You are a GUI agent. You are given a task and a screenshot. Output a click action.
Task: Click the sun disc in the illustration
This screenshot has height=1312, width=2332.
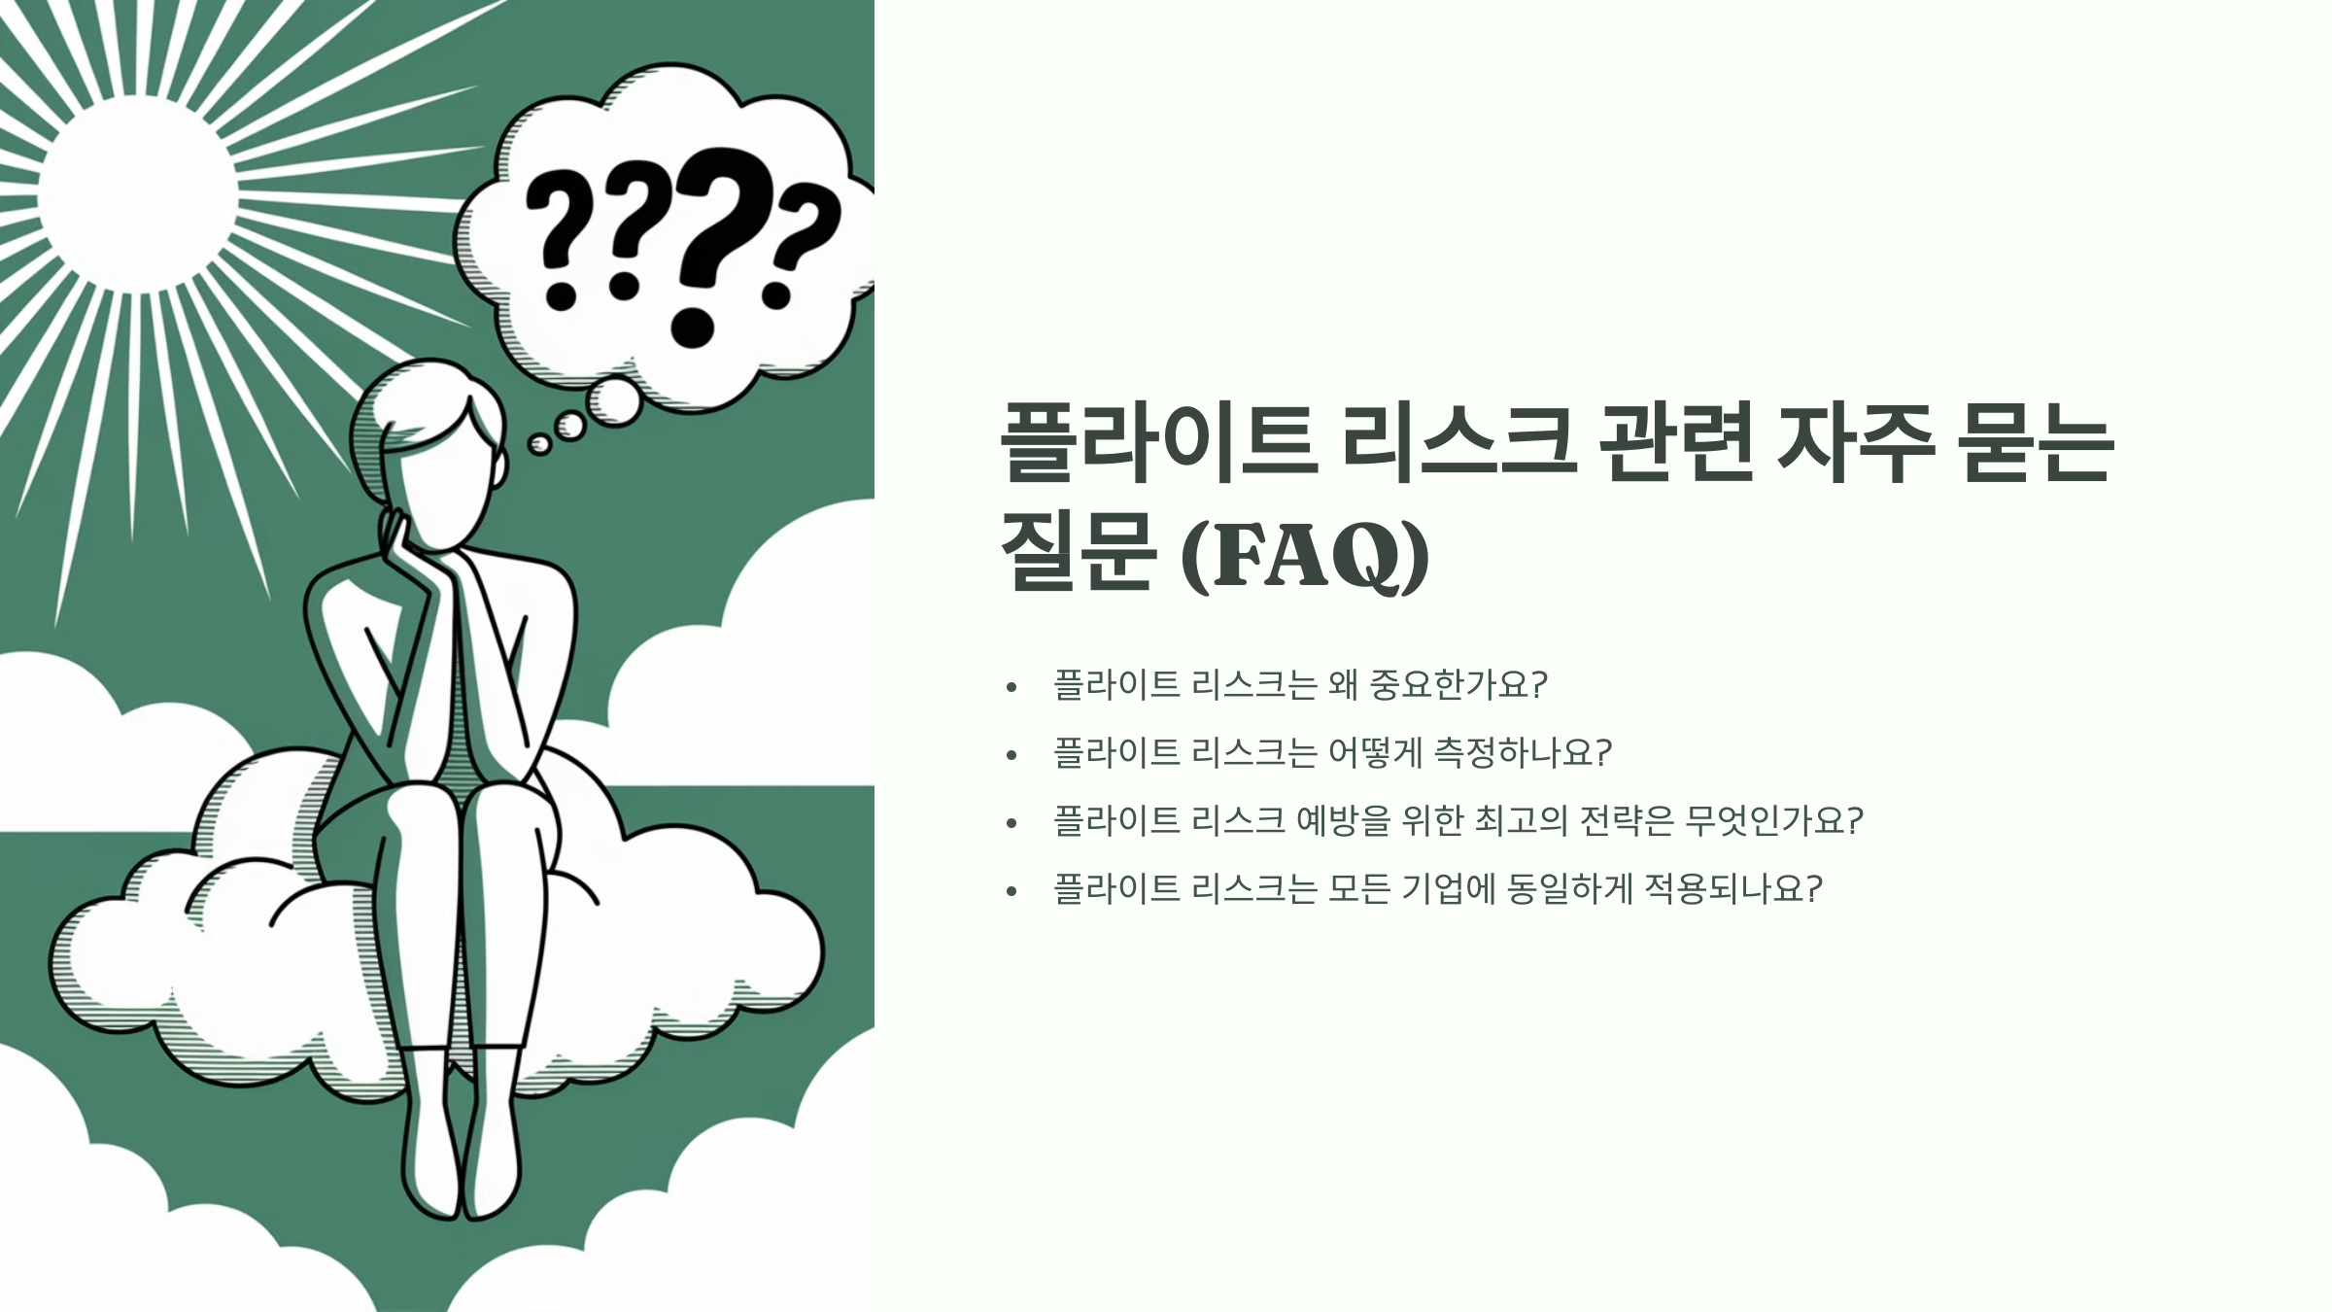(137, 193)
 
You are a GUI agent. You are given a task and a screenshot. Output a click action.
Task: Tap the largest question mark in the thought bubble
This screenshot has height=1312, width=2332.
(714, 243)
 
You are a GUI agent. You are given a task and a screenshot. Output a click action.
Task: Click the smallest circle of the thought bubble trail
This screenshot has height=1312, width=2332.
(538, 445)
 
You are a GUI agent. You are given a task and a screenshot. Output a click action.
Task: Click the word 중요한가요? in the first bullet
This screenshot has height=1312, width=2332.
(1457, 684)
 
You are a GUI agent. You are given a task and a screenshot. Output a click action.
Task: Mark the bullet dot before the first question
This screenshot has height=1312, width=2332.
(1012, 687)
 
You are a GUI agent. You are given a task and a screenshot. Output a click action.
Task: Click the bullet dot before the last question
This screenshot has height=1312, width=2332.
(1012, 891)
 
